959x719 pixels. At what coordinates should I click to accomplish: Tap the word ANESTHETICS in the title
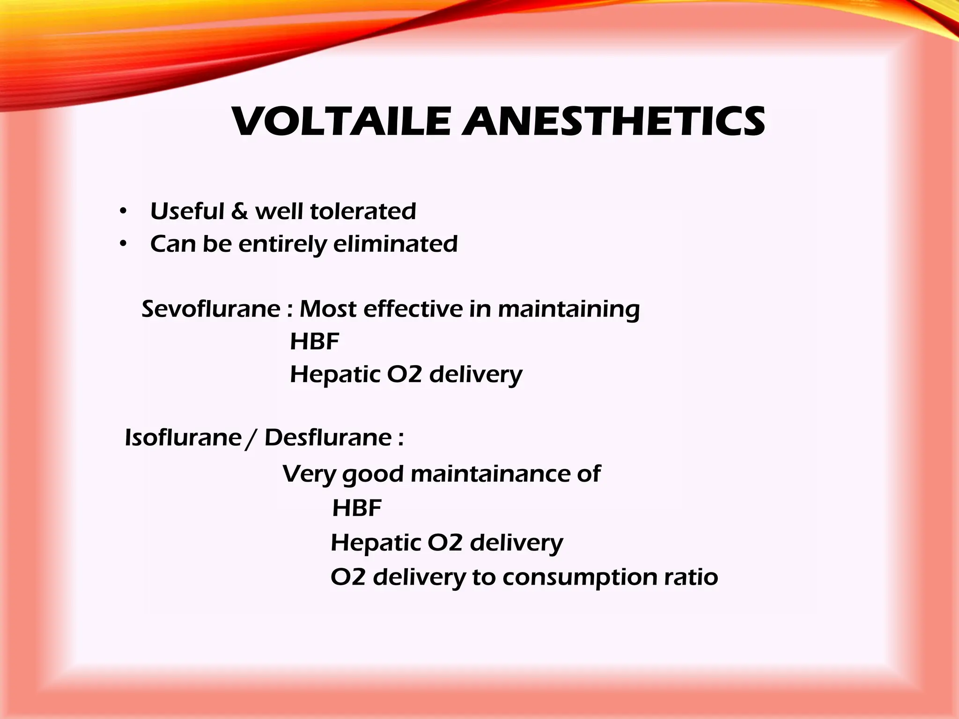tap(613, 122)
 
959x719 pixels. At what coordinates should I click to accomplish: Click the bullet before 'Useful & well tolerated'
tap(123, 212)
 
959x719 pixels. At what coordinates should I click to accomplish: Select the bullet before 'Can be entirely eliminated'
tap(123, 244)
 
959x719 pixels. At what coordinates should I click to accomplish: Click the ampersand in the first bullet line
tap(239, 211)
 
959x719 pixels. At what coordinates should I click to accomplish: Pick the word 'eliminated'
tap(395, 244)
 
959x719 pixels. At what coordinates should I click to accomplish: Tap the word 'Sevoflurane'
tap(211, 309)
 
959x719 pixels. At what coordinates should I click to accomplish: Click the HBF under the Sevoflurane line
tap(314, 341)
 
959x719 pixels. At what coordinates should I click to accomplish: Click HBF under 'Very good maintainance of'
tap(357, 508)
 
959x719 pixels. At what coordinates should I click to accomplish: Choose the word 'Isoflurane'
tap(183, 438)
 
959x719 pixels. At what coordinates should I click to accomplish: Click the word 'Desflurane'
tap(328, 438)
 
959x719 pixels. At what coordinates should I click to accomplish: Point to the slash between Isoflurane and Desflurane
tap(252, 439)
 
